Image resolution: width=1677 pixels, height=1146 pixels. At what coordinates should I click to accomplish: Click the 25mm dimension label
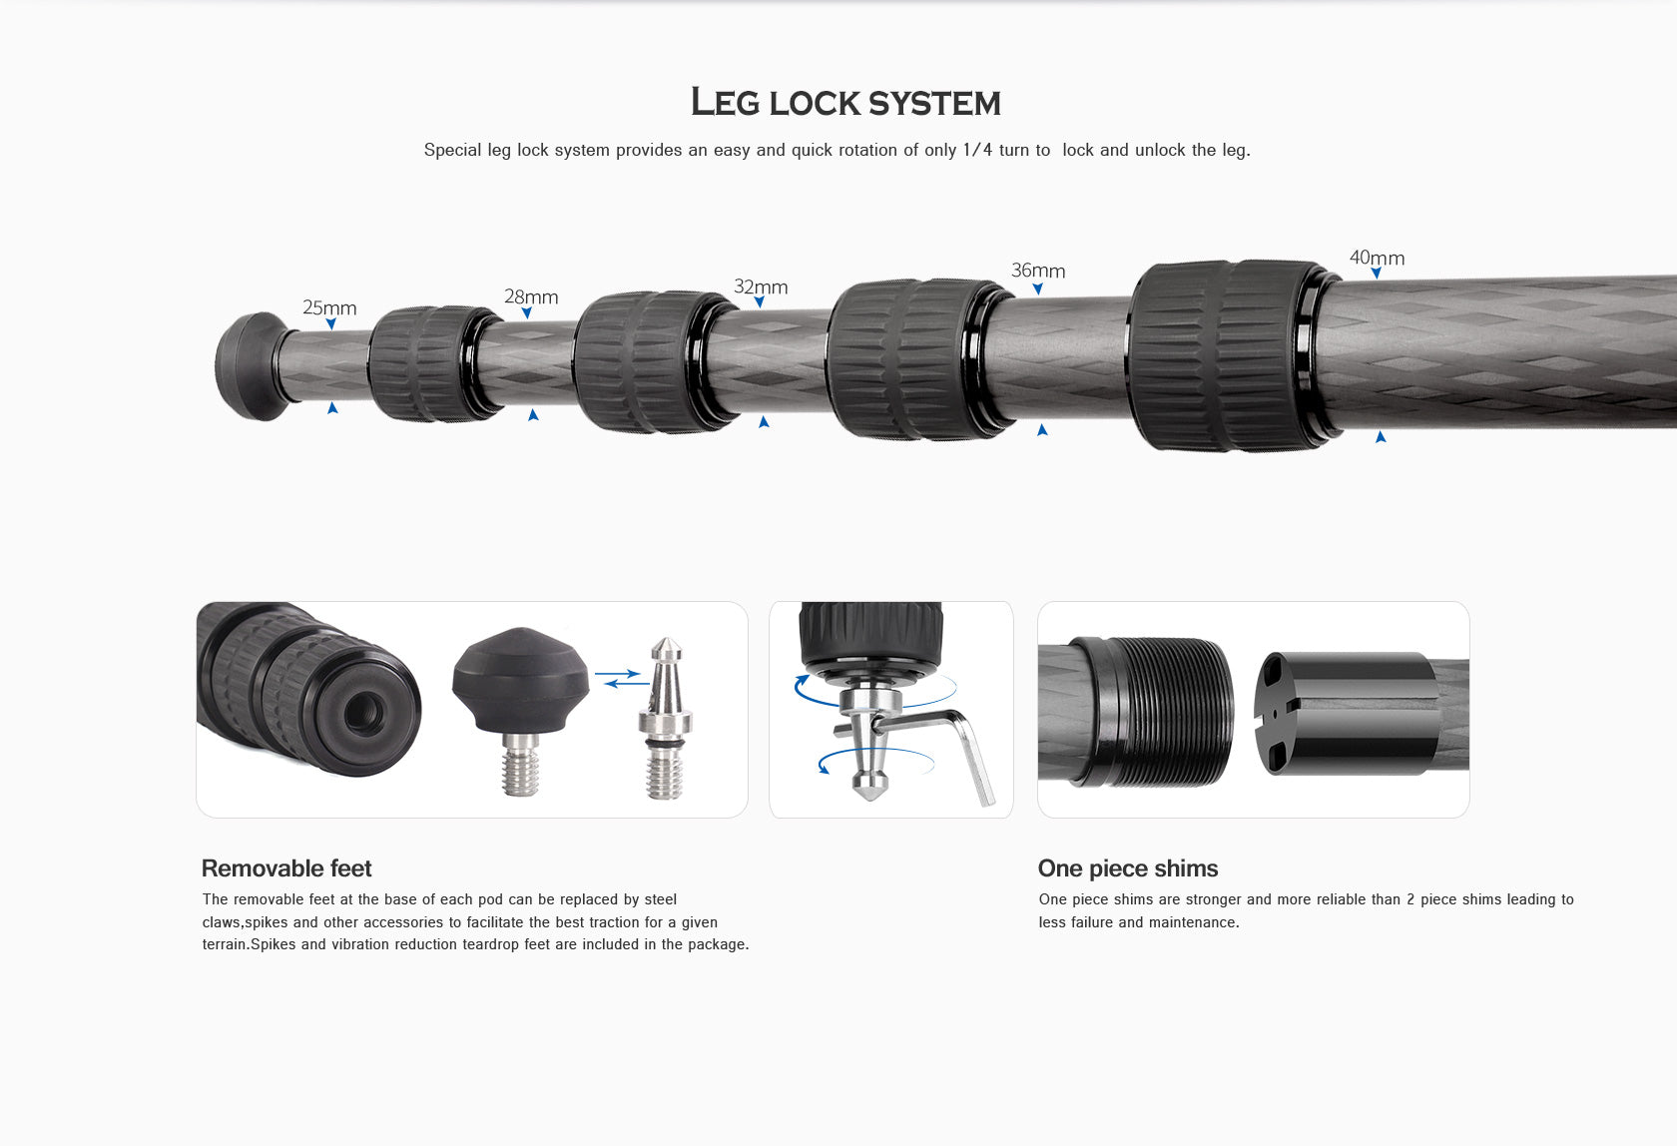tap(329, 307)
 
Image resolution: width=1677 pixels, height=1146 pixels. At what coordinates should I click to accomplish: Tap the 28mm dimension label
tap(531, 296)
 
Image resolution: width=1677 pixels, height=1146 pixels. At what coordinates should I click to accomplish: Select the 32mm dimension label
tap(761, 287)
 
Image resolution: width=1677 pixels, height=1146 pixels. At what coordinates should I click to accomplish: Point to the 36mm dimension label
tap(1038, 271)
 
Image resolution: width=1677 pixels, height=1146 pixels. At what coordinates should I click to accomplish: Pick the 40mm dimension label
tap(1377, 258)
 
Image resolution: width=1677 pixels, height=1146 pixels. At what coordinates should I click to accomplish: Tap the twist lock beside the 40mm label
tap(1231, 354)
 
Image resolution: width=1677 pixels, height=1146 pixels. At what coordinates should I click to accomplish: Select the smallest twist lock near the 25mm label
tap(430, 363)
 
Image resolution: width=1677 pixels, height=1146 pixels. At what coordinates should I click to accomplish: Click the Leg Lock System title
tap(845, 102)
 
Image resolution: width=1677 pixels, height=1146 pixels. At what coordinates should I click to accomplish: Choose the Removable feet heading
tap(286, 868)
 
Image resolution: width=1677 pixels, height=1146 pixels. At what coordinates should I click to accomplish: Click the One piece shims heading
tap(1128, 868)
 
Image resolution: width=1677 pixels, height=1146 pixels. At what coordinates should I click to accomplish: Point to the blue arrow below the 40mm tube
tap(1381, 437)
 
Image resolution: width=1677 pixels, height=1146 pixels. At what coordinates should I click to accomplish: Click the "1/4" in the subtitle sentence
tap(977, 150)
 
